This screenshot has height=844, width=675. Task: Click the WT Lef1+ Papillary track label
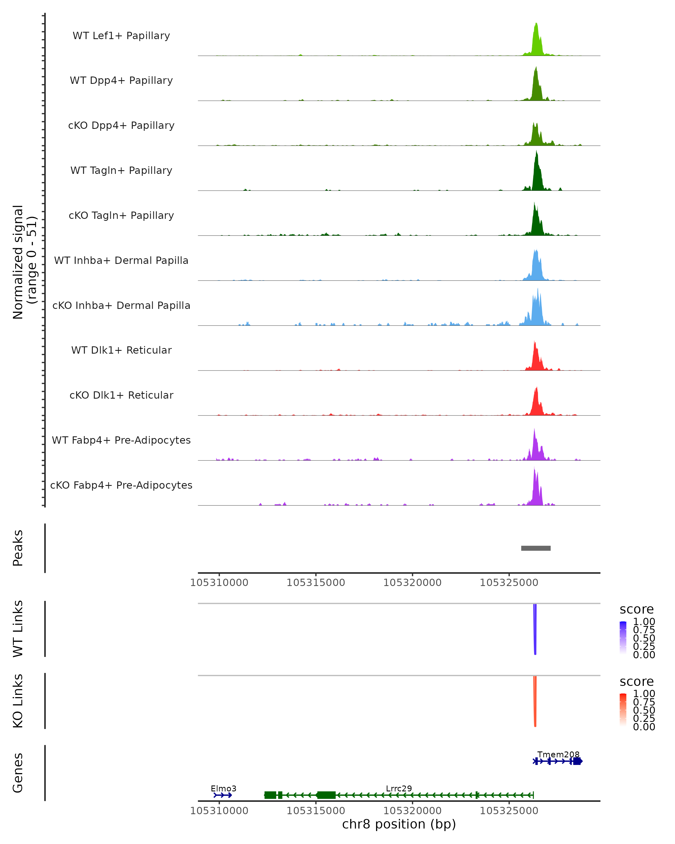point(121,36)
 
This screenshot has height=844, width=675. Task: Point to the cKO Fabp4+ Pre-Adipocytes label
point(121,485)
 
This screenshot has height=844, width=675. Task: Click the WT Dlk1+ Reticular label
point(121,350)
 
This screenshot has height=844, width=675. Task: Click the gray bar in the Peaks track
point(536,548)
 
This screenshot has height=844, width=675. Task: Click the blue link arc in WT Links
point(535,630)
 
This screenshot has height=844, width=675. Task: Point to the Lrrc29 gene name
point(399,788)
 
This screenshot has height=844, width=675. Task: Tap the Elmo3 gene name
point(223,788)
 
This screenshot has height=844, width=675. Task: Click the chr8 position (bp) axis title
point(399,824)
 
